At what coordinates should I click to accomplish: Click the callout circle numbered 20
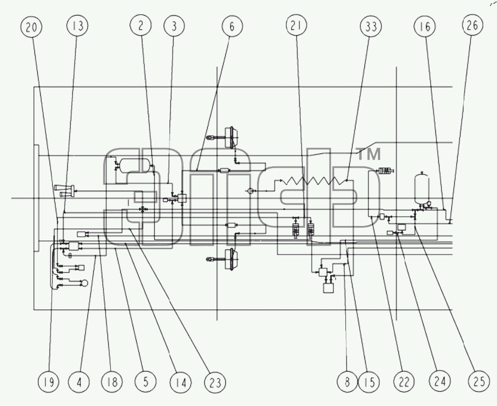pos(31,27)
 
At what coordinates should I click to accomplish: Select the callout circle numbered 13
pos(77,25)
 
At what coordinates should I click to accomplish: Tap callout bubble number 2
pos(140,25)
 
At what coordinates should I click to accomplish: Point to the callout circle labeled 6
pos(232,26)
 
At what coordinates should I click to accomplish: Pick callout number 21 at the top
pos(296,25)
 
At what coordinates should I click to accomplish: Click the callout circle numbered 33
pos(371,26)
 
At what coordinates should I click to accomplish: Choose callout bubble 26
pos(472,25)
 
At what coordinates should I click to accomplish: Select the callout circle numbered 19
pos(48,382)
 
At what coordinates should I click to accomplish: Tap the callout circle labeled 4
pos(79,382)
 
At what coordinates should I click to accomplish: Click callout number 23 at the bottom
pos(215,383)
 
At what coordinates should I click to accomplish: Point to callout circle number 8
pos(347,382)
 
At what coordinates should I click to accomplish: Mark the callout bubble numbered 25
pos(479,381)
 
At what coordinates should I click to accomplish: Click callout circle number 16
pos(425,26)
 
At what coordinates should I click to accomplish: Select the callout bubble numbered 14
pos(181,383)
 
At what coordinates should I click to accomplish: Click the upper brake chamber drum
pos(231,137)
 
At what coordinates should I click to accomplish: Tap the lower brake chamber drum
pos(231,259)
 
